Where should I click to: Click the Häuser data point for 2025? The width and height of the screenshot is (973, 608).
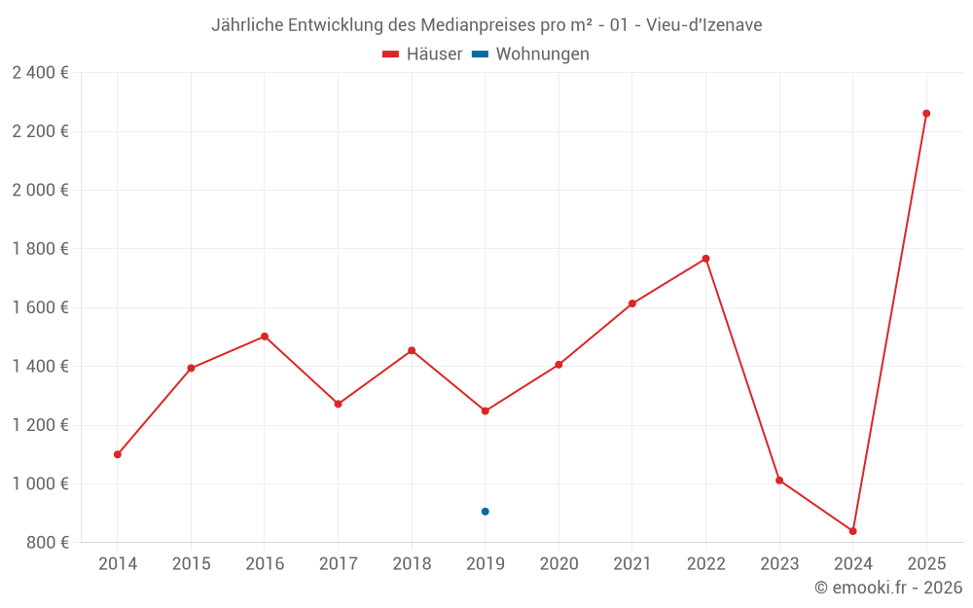click(x=926, y=114)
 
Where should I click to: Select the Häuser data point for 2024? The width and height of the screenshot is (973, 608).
click(x=852, y=531)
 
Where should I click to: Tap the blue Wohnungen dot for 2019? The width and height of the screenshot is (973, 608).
click(x=485, y=512)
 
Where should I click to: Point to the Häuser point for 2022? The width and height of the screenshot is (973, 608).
click(x=705, y=259)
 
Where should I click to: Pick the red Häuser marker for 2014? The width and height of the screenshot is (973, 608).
click(x=118, y=454)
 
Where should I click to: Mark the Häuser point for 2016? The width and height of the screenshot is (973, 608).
click(x=265, y=337)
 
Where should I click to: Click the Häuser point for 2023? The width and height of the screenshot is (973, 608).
click(x=779, y=481)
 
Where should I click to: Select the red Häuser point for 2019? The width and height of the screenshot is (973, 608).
click(x=485, y=411)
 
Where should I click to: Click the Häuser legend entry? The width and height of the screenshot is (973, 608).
click(x=422, y=54)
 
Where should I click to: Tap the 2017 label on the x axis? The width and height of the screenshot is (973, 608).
click(x=338, y=564)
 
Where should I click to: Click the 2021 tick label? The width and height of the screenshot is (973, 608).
click(x=632, y=564)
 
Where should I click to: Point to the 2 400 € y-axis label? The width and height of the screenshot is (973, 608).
click(x=41, y=73)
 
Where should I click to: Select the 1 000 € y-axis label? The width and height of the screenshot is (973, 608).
click(x=41, y=483)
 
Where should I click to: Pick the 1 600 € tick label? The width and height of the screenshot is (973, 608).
click(x=41, y=307)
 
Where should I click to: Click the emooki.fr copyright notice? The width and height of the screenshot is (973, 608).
click(x=887, y=588)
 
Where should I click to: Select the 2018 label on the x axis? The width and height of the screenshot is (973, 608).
click(x=412, y=564)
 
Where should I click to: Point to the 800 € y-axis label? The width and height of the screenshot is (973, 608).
click(x=48, y=542)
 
